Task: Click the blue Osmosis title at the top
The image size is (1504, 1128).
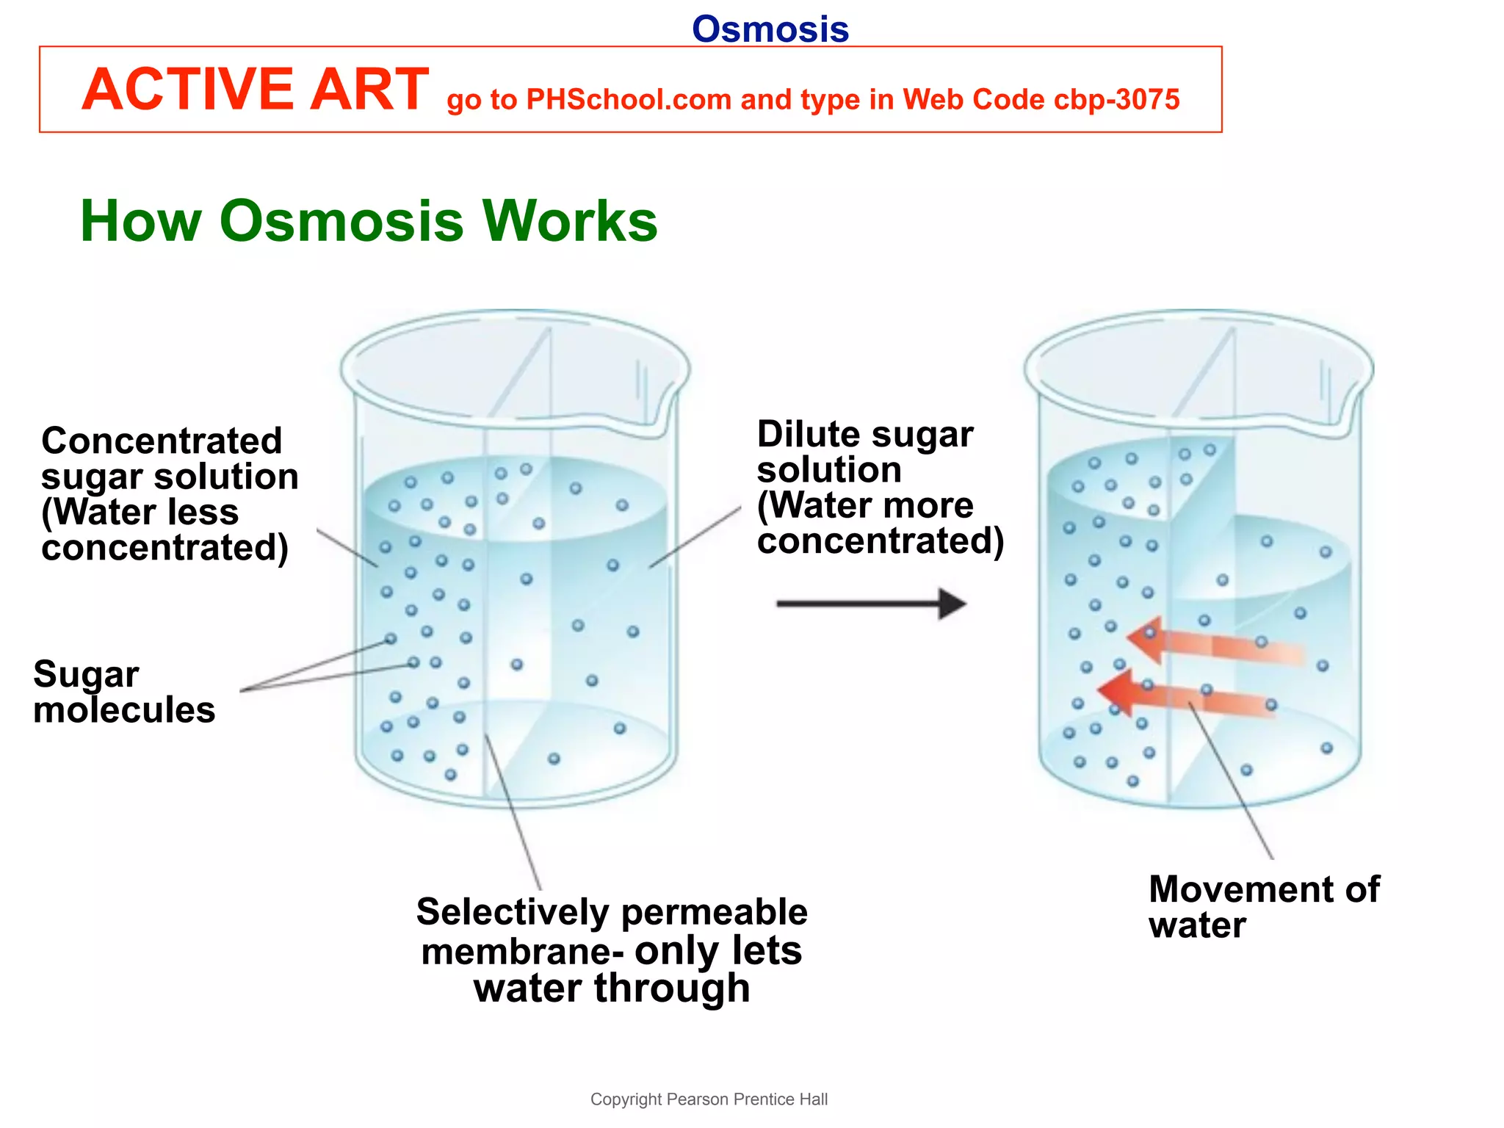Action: point(770,29)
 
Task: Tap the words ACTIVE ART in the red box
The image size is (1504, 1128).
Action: point(255,90)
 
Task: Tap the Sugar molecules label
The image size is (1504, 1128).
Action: point(123,691)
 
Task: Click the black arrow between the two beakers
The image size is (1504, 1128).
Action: point(871,604)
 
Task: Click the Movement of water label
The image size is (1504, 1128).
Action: point(1263,906)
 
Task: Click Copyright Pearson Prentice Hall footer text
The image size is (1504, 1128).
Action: point(709,1099)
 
